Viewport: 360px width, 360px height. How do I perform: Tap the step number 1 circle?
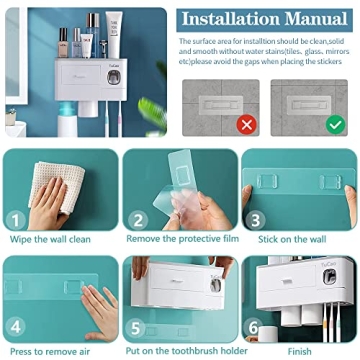16,219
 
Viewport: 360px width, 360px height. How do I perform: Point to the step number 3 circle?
257,219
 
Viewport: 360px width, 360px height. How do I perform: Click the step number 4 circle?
16,326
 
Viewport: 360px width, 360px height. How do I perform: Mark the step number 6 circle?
257,326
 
